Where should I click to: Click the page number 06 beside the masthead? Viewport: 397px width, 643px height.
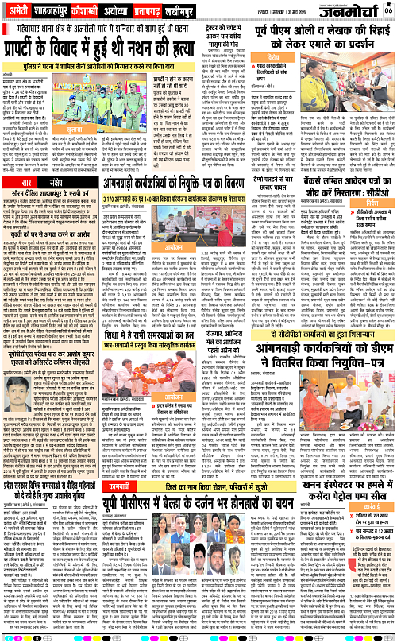(x=387, y=10)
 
